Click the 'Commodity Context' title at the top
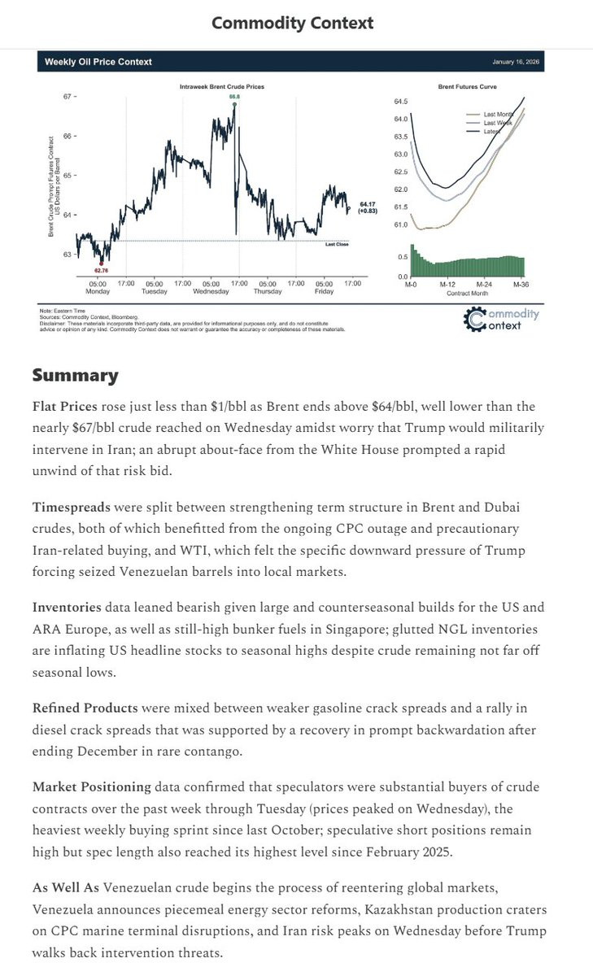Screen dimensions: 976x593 (x=293, y=23)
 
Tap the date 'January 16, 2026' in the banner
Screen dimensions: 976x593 (x=517, y=62)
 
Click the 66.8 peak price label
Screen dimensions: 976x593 (x=233, y=97)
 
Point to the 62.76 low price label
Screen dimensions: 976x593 (x=102, y=269)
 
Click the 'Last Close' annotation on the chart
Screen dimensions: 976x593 (x=336, y=244)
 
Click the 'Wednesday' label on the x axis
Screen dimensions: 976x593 (x=210, y=290)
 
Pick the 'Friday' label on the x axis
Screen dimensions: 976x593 (x=324, y=290)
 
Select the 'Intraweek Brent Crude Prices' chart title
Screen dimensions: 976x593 (x=222, y=85)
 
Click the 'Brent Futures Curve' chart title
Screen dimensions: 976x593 (x=467, y=85)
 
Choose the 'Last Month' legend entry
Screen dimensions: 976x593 (x=498, y=115)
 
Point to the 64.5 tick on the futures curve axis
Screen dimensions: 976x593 (x=400, y=102)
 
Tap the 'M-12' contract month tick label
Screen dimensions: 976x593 (x=447, y=285)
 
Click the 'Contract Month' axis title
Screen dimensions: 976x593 (x=467, y=293)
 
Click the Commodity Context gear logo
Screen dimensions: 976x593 (x=475, y=319)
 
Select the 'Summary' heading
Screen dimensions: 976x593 (x=75, y=375)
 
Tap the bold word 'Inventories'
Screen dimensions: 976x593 (x=67, y=608)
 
